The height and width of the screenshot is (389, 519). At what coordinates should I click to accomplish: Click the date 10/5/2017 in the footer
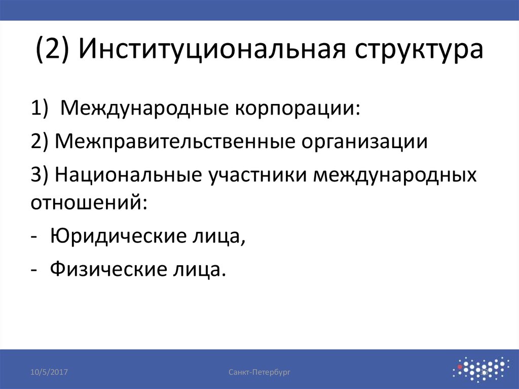(49, 372)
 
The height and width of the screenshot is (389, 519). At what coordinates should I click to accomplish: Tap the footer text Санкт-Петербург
(259, 372)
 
